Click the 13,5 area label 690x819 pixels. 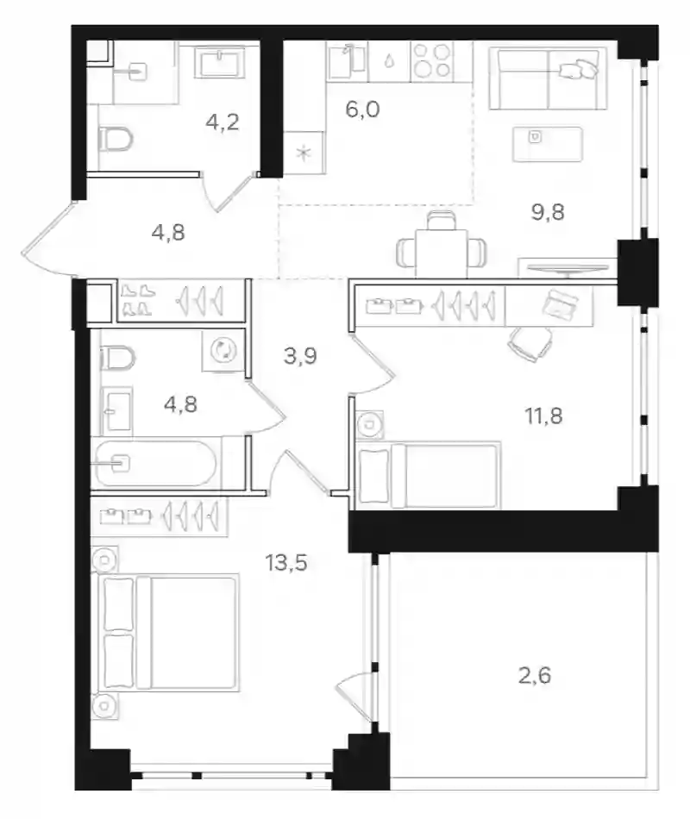tap(286, 563)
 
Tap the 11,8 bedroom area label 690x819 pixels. tap(543, 416)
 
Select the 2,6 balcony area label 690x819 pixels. tap(534, 675)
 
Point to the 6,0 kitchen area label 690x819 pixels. tap(362, 109)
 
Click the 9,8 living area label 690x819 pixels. tap(548, 213)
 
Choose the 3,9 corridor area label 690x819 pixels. tap(300, 356)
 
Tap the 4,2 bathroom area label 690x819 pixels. tap(223, 122)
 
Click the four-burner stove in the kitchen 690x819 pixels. tap(432, 61)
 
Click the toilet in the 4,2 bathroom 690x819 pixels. tap(116, 139)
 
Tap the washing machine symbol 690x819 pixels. tap(223, 351)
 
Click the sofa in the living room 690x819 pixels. tap(548, 78)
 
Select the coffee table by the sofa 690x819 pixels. tap(548, 144)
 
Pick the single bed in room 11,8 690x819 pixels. tap(428, 475)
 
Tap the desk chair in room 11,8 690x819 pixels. tap(530, 343)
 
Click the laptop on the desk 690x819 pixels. tap(561, 303)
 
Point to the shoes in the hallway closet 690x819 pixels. tap(138, 300)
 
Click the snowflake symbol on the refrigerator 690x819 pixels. tap(304, 153)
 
